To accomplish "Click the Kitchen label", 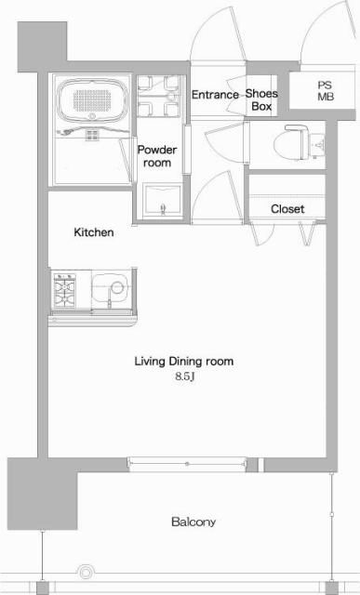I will [x=94, y=232].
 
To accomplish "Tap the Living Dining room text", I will [x=184, y=361].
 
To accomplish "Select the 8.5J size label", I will [x=184, y=377].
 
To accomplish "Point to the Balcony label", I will [x=193, y=522].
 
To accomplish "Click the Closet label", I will [x=287, y=209].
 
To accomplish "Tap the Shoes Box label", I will [x=261, y=99].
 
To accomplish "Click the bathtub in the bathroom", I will [x=92, y=104].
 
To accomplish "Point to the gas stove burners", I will [x=65, y=290].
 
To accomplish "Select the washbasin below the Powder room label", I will [x=162, y=200].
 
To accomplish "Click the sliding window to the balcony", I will [x=186, y=461].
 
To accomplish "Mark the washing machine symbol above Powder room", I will [x=157, y=96].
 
